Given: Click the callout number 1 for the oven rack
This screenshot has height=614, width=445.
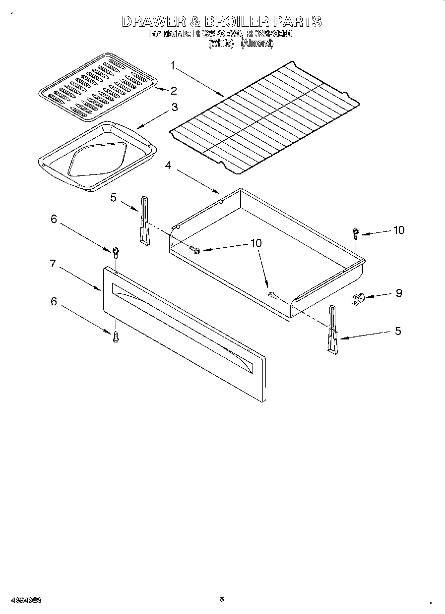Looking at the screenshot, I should tap(173, 65).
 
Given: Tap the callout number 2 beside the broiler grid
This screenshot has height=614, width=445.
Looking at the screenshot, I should tap(173, 90).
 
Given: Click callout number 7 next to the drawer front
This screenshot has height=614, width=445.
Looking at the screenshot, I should tap(53, 264).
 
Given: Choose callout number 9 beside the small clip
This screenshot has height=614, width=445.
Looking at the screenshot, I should tap(398, 293).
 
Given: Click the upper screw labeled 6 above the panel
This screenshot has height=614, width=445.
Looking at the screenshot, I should tap(116, 252).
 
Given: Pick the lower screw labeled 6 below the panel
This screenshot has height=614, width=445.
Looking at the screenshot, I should tap(116, 337).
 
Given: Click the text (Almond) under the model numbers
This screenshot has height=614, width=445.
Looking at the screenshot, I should tap(256, 43).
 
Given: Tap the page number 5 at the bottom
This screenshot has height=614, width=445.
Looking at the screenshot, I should tap(222, 600).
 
